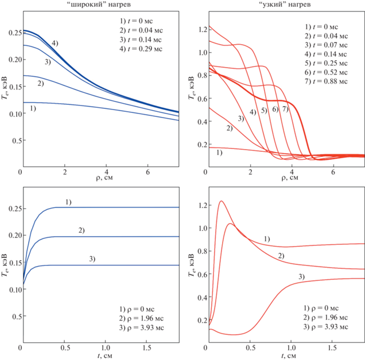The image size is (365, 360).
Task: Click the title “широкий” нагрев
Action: point(100,5)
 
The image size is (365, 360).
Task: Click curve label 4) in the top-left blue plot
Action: point(55,43)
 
